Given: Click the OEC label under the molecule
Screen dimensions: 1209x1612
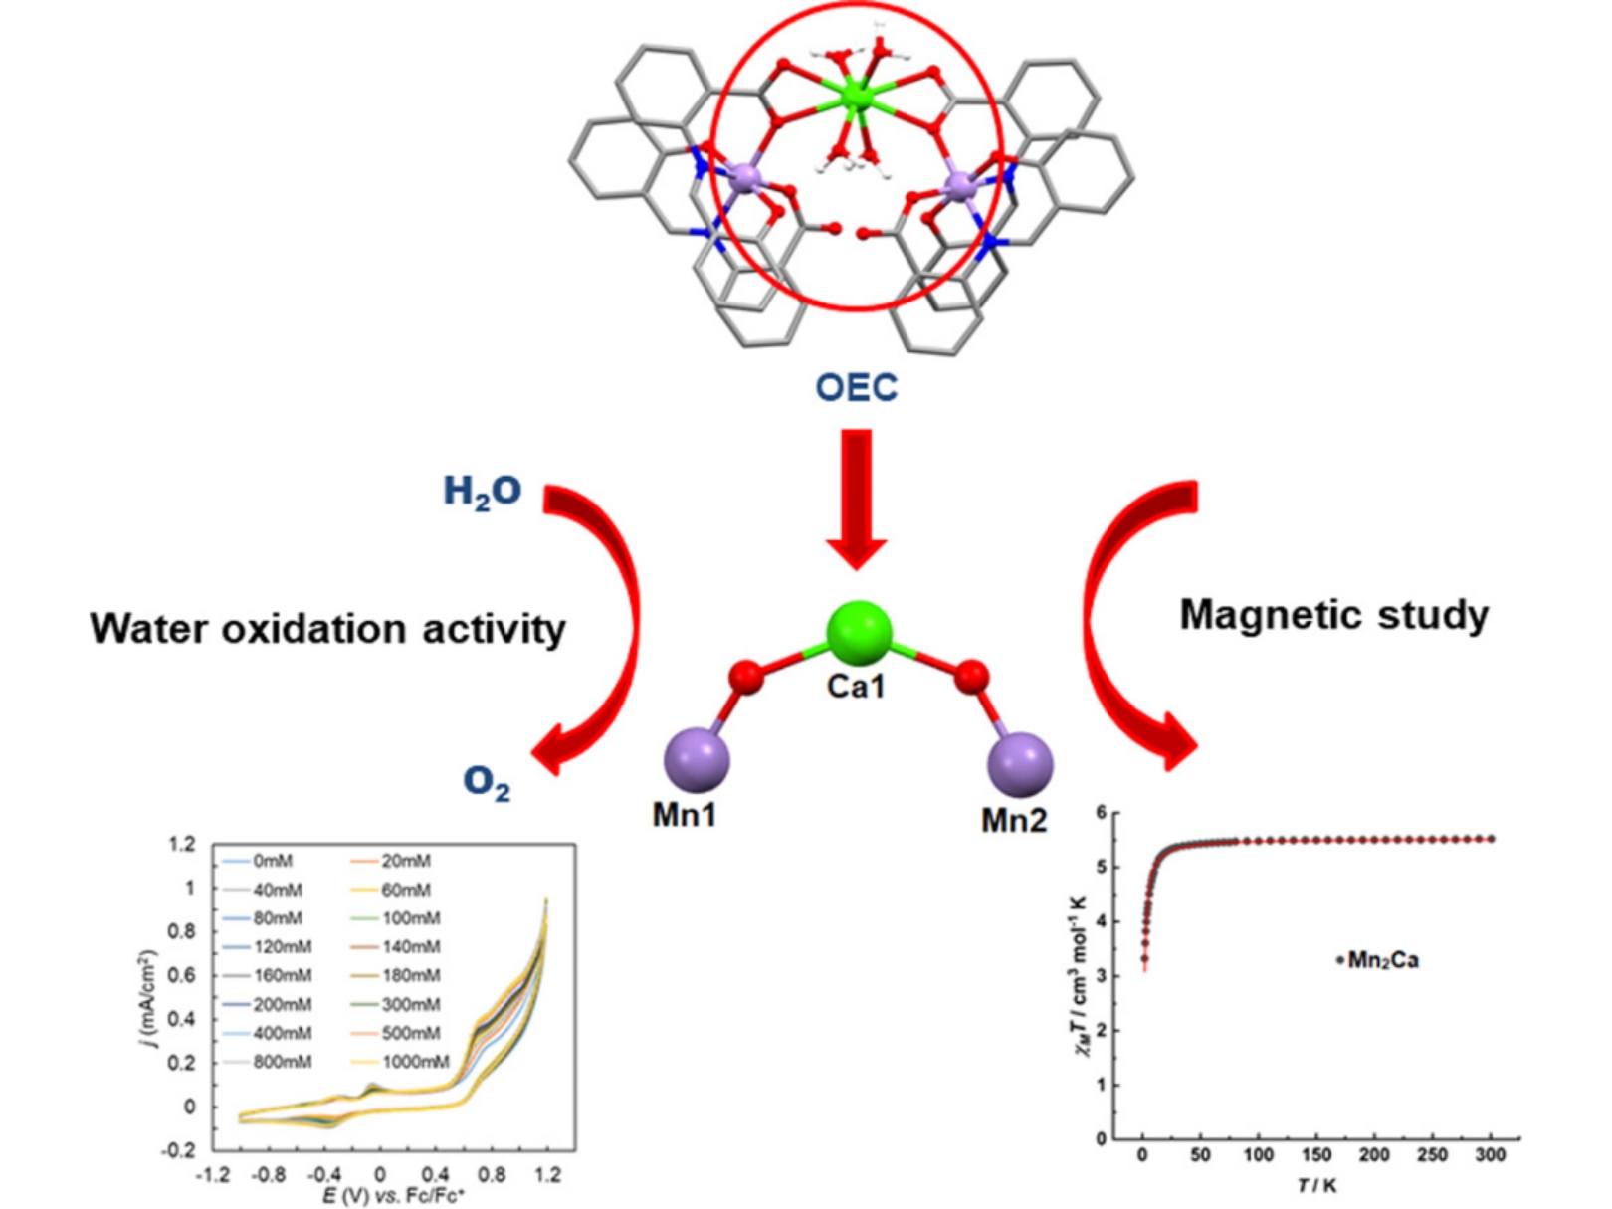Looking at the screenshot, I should tap(856, 387).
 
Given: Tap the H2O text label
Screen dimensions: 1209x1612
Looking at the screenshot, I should tap(482, 492).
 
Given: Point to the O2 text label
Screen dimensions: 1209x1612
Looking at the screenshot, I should tap(487, 783).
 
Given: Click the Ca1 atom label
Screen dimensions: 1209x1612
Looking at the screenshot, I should tap(855, 686).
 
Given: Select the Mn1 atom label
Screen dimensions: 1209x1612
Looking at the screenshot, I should tap(685, 815).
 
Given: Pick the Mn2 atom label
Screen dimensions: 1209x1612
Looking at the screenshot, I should tap(1014, 820).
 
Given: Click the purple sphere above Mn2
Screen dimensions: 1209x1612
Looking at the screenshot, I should tap(1020, 764).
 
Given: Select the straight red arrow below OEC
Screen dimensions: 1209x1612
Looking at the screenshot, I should tap(856, 498).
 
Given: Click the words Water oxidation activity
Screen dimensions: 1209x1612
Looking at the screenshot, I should tap(327, 629).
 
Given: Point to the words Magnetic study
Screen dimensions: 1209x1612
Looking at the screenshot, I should tap(1333, 615).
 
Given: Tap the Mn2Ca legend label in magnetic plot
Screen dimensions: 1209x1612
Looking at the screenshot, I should tap(1382, 960).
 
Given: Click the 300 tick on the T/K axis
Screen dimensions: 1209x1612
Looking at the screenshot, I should tap(1490, 1155).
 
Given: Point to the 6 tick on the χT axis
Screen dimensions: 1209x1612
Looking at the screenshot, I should tap(1101, 813).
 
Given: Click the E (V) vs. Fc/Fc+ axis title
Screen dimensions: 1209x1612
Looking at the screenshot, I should tap(393, 1195).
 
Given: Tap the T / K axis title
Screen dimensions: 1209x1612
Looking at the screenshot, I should tap(1316, 1185).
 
